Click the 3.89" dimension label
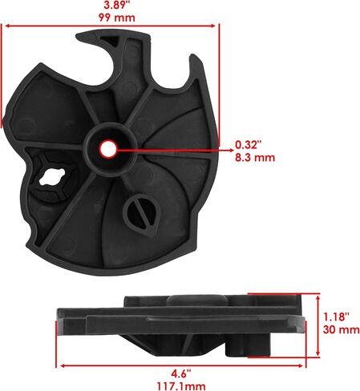117,6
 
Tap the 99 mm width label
117,18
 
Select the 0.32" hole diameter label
248,144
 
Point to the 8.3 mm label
255,157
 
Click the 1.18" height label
336,316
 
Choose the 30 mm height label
341,329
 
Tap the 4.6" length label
181,374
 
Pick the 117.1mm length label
181,386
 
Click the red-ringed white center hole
108,149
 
